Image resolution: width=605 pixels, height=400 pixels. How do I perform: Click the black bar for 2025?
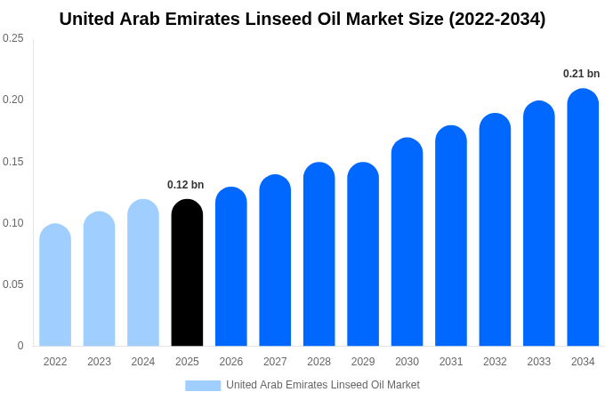coord(187,273)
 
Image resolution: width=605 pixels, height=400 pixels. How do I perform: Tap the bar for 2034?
coord(583,218)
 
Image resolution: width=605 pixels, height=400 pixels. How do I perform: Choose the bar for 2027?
coord(275,260)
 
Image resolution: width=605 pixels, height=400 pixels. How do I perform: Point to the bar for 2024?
coord(143,273)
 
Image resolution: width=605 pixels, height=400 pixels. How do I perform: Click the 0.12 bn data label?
coord(185,185)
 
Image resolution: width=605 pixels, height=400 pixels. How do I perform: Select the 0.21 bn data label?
coord(581,74)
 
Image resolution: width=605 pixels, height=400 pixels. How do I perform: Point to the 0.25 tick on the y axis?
coord(13,38)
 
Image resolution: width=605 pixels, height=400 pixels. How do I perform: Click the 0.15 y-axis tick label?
coord(13,162)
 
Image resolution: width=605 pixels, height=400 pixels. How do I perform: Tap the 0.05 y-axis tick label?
coord(13,284)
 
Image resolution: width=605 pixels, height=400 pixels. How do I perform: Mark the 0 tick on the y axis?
coord(20,346)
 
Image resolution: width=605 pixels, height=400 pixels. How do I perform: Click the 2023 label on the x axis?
coord(99,362)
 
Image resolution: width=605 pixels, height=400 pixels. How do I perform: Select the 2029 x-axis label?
coord(363,362)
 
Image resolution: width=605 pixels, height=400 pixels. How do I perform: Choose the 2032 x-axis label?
coord(495,362)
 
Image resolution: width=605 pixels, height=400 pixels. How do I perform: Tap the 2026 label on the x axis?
coord(231,362)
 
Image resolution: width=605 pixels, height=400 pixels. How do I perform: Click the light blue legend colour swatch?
coord(203,385)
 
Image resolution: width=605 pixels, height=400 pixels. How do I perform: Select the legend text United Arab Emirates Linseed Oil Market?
coord(323,385)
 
